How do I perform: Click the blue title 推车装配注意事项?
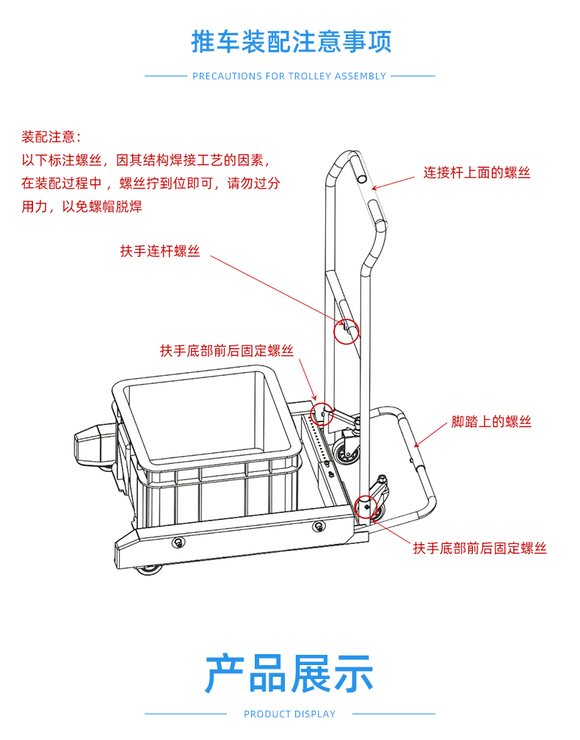pyautogui.click(x=291, y=42)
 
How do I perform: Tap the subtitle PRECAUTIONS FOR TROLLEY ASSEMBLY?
pyautogui.click(x=289, y=76)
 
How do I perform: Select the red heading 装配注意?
pyautogui.click(x=51, y=137)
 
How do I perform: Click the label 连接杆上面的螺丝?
pyautogui.click(x=476, y=173)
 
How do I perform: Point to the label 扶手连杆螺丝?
pyautogui.click(x=160, y=251)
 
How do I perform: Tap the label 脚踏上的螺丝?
pyautogui.click(x=491, y=421)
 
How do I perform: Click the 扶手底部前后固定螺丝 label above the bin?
pyautogui.click(x=227, y=351)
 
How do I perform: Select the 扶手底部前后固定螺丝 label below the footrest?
pyautogui.click(x=480, y=548)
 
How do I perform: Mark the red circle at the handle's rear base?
pyautogui.click(x=322, y=402)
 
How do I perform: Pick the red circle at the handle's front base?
pyautogui.click(x=366, y=496)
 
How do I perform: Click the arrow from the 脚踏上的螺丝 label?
pyautogui.click(x=430, y=435)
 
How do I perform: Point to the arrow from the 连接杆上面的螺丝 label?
pyautogui.click(x=393, y=183)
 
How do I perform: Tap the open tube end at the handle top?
pyautogui.click(x=362, y=178)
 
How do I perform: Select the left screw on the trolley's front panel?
pyautogui.click(x=178, y=543)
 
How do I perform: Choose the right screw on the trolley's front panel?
pyautogui.click(x=319, y=526)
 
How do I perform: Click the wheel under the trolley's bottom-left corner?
pyautogui.click(x=149, y=570)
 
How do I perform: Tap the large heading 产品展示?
pyautogui.click(x=289, y=673)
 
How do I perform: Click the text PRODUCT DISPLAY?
pyautogui.click(x=289, y=714)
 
